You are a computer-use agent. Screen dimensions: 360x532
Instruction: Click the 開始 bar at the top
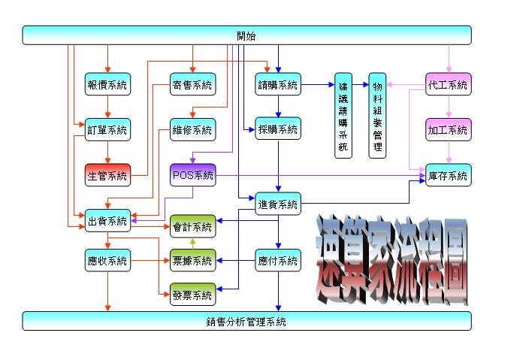point(246,35)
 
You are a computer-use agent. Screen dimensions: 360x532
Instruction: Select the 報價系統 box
point(107,85)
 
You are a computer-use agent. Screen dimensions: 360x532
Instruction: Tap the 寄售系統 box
point(192,85)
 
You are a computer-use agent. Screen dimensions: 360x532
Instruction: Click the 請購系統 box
point(278,85)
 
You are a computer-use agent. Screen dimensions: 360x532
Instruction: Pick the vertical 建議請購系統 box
point(343,115)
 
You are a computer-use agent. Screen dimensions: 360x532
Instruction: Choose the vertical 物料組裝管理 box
point(377,115)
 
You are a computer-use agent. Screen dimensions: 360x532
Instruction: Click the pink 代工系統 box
point(449,85)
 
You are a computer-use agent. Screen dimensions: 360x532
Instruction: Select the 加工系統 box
point(449,129)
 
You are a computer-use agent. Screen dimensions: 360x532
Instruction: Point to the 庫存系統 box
point(449,175)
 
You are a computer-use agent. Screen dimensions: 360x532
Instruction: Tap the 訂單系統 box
point(107,129)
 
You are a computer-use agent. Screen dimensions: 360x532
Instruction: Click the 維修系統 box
point(192,129)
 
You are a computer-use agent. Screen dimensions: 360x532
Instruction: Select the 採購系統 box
point(278,129)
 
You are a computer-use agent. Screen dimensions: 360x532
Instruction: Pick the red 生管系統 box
point(107,175)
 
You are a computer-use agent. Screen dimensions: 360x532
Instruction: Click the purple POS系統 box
point(192,175)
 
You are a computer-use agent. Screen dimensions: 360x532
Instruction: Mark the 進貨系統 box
point(278,204)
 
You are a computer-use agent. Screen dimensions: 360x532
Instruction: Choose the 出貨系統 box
point(107,221)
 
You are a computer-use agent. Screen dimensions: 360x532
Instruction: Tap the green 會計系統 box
point(192,225)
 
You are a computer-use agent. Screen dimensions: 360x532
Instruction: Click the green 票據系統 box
point(192,261)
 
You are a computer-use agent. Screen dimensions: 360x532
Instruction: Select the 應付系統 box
point(278,261)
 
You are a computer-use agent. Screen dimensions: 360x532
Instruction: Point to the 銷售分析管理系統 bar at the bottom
point(246,321)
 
